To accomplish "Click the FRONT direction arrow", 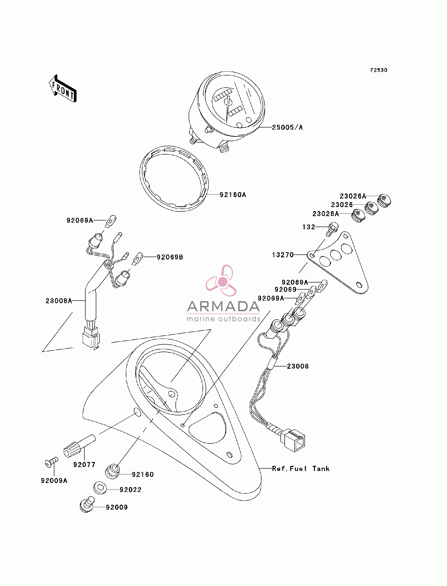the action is [63, 89].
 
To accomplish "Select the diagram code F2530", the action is [379, 70].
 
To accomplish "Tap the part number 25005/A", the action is [287, 127].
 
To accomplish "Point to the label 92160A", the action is [233, 195].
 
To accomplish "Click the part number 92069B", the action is [170, 257].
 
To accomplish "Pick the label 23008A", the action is [59, 301].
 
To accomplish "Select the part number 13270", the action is [283, 255].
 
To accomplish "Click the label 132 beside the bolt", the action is [309, 227].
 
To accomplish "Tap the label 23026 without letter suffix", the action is [342, 205].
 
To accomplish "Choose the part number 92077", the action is [84, 465].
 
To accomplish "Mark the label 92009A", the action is [54, 481].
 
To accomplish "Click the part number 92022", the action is [130, 490].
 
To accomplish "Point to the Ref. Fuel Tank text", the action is [301, 469].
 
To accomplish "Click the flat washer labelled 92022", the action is [100, 488].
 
